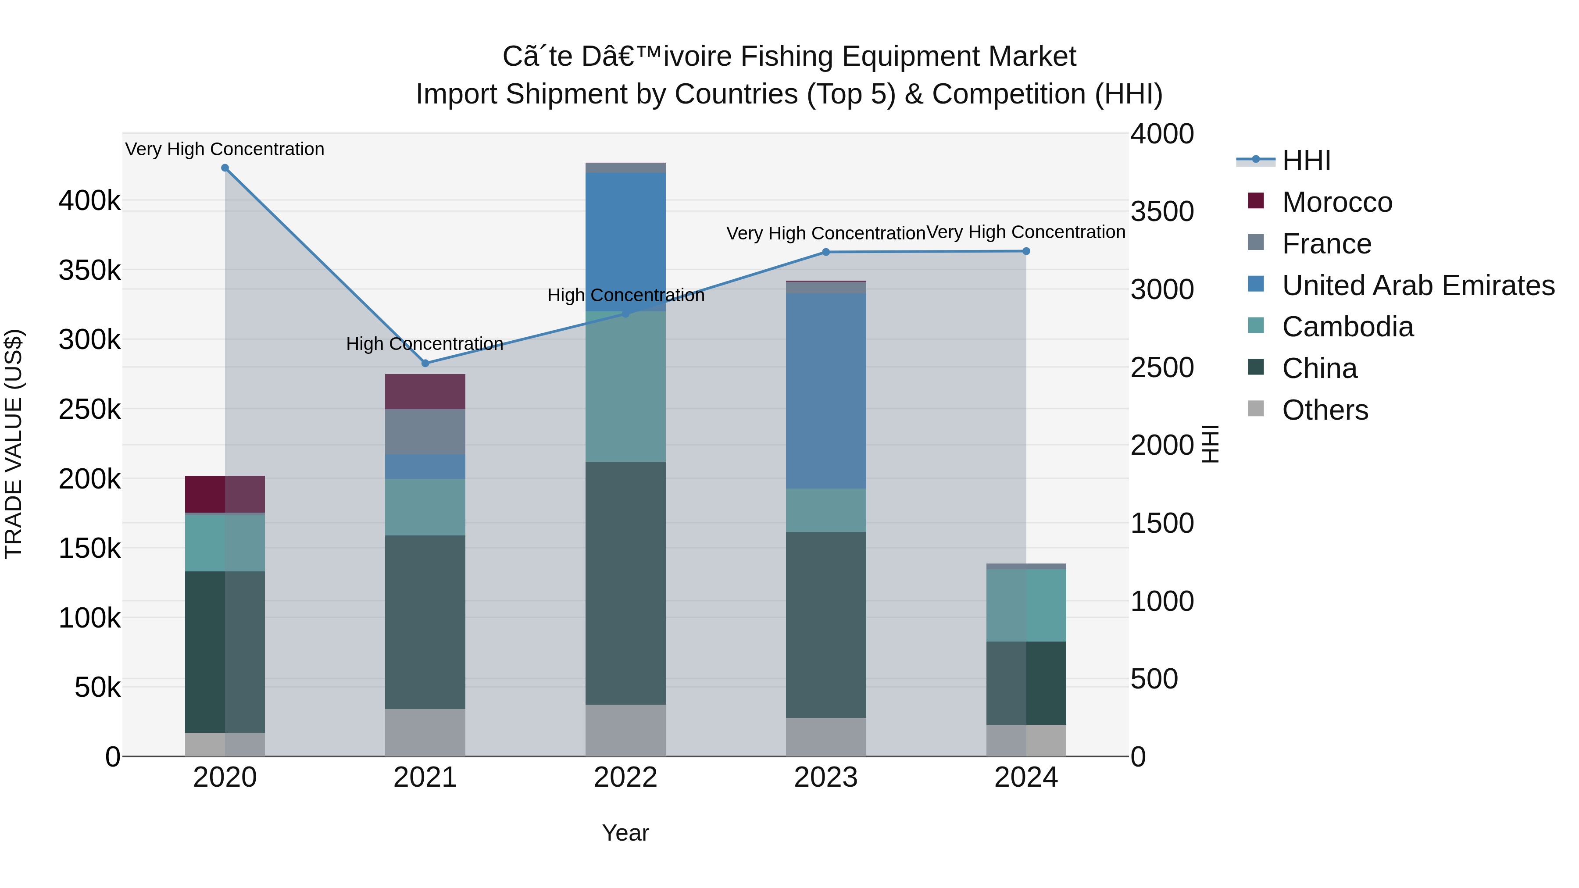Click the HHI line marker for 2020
225,168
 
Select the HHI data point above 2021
425,364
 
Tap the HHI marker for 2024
1026,251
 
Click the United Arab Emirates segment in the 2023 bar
825,390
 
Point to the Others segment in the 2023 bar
825,737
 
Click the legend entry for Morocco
1337,202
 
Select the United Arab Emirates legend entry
1418,285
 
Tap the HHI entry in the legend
1306,160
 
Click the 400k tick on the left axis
89,200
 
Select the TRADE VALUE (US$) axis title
14,444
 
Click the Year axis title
625,833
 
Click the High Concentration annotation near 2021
424,344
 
